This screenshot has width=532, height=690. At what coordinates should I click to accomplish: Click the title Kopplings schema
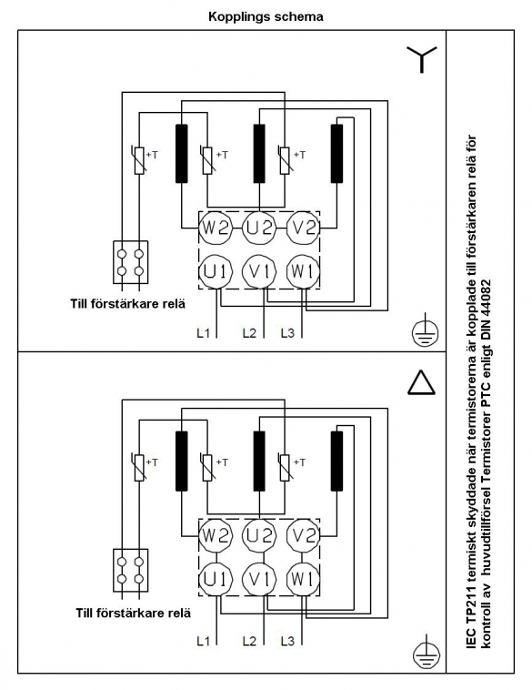coord(266,16)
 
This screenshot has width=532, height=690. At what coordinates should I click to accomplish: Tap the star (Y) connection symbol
coord(422,57)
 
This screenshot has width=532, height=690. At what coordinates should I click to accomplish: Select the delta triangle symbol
coord(421,382)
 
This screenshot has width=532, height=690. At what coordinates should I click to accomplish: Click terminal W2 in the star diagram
coord(215,228)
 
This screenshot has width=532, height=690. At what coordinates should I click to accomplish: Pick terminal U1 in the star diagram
coord(215,272)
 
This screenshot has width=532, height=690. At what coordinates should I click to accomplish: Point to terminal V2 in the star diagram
coord(304,228)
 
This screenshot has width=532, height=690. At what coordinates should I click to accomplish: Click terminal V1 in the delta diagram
coord(259,580)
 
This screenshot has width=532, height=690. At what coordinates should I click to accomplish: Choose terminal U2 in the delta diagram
coord(259,535)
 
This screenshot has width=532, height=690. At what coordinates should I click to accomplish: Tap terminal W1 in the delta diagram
coord(304,580)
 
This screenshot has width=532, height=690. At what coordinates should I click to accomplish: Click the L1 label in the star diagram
coord(203,333)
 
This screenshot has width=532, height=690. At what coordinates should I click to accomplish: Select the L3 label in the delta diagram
coord(287,641)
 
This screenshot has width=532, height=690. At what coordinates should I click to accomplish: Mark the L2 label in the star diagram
coord(249,333)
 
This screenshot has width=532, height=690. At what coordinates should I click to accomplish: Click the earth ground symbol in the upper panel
coord(426,331)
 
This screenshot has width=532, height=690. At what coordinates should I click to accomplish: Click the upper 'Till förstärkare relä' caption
coord(128,304)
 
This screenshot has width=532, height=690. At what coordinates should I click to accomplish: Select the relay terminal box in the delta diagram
coord(131,571)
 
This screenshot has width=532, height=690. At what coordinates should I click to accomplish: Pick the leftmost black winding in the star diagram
coord(182,154)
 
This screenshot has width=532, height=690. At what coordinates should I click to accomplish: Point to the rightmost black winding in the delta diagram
coord(336,462)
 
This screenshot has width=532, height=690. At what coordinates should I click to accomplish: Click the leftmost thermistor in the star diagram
coord(139,160)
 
